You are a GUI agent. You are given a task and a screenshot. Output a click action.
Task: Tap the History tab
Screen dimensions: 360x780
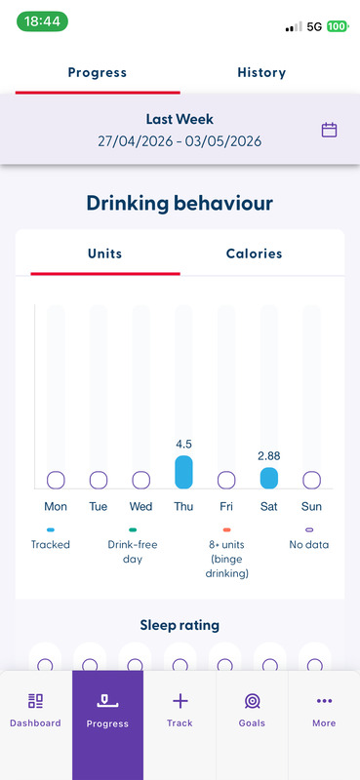pos(261,72)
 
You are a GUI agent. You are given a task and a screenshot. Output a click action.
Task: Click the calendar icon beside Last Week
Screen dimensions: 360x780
pos(329,131)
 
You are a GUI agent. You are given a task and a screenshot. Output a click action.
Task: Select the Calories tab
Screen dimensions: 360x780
pos(254,253)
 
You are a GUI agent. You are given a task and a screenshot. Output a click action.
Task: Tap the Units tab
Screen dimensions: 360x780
pos(104,253)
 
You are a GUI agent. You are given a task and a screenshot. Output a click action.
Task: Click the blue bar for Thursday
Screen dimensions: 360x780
pos(183,472)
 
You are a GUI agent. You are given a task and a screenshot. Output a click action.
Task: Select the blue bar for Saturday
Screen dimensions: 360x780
pos(269,478)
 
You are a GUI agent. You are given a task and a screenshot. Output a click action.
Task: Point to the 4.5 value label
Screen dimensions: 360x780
pos(183,444)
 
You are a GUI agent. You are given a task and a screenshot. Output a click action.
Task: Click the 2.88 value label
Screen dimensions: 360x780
pos(269,455)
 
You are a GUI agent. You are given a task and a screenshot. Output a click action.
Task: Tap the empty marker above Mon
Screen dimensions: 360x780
pos(56,481)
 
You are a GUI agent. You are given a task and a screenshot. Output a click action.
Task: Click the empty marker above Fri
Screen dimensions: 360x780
pos(226,481)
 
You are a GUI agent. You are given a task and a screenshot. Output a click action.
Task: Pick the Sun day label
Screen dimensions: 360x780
pos(311,507)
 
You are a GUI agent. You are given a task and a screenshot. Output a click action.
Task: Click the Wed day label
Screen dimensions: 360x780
pos(140,507)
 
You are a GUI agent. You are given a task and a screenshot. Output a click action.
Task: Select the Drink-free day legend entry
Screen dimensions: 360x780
pos(133,545)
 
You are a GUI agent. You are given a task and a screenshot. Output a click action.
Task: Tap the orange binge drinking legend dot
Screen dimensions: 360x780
pos(226,529)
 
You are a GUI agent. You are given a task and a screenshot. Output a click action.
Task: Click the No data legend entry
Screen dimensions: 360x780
pos(309,538)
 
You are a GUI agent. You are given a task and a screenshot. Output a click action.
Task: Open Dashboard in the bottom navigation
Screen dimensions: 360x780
pos(35,711)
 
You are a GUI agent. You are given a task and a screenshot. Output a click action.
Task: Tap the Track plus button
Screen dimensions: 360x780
pos(180,701)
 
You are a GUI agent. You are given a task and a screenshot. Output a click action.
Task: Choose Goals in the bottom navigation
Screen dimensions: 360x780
pos(252,711)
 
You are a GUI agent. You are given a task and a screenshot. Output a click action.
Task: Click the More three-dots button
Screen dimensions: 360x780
pos(324,701)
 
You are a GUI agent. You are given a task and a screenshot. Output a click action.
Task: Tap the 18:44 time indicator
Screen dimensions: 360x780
pos(42,21)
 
